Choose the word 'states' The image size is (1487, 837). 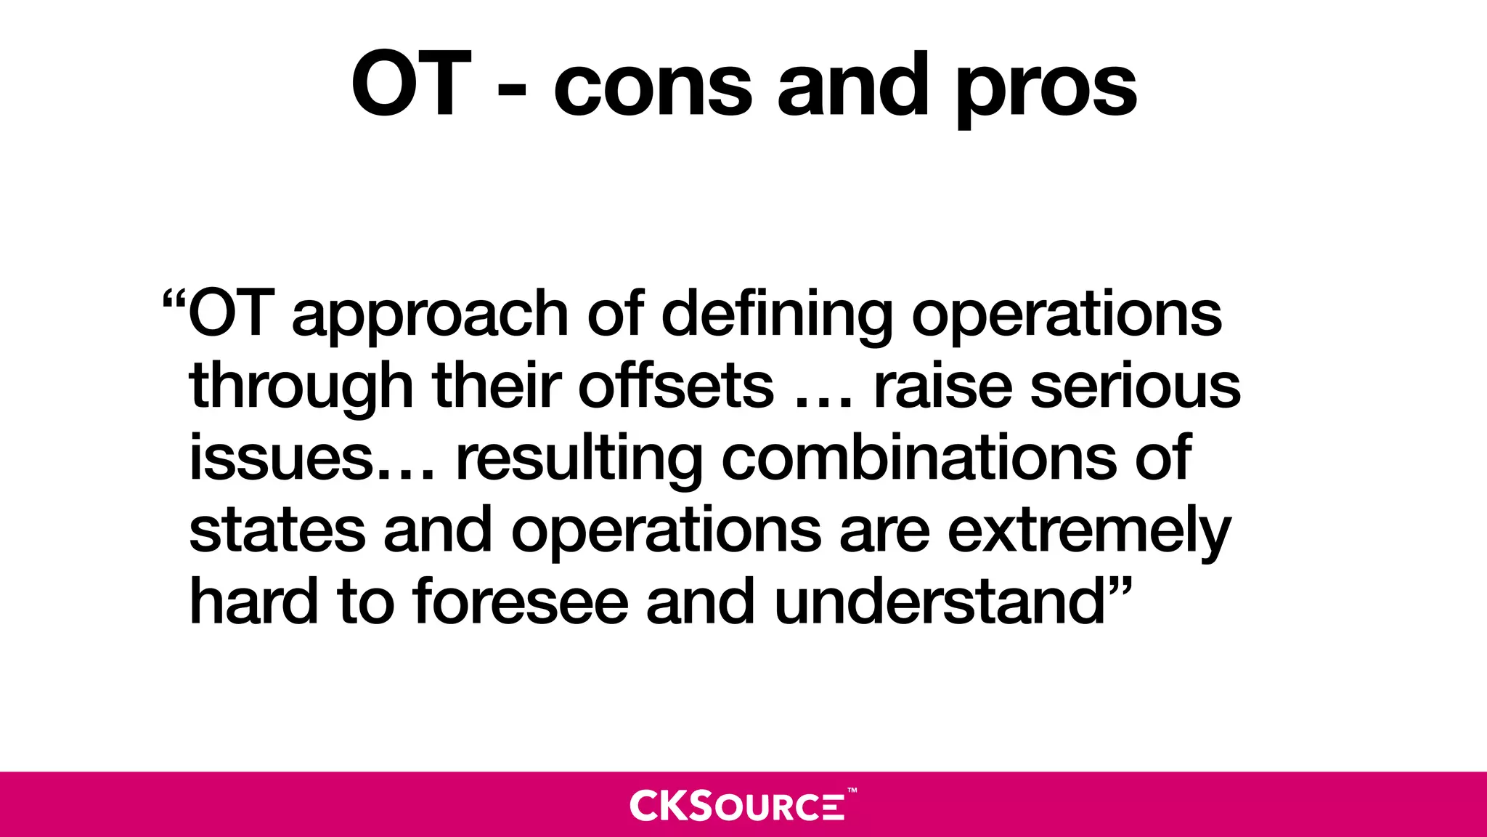[277, 530]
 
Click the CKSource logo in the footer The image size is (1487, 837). [737, 805]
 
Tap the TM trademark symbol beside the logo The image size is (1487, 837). [852, 790]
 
